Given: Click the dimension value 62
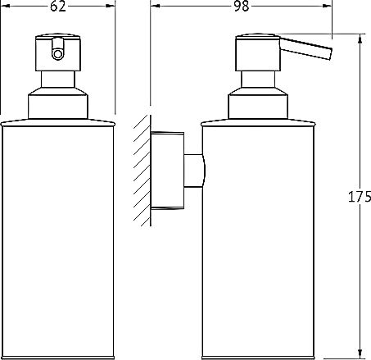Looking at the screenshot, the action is [x=58, y=6].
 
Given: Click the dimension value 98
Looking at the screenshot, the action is [x=242, y=6].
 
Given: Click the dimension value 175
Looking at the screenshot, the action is [x=360, y=197].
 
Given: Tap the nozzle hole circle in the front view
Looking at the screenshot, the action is [x=57, y=54].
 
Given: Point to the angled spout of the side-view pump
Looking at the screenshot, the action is [x=305, y=48].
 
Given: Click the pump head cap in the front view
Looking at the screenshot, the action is [x=58, y=52].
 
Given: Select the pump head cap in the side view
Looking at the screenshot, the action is [x=258, y=52].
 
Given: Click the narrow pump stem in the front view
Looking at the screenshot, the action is [x=58, y=80].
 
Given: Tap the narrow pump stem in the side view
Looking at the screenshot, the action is [x=258, y=80].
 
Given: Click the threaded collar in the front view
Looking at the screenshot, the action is [x=58, y=103].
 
